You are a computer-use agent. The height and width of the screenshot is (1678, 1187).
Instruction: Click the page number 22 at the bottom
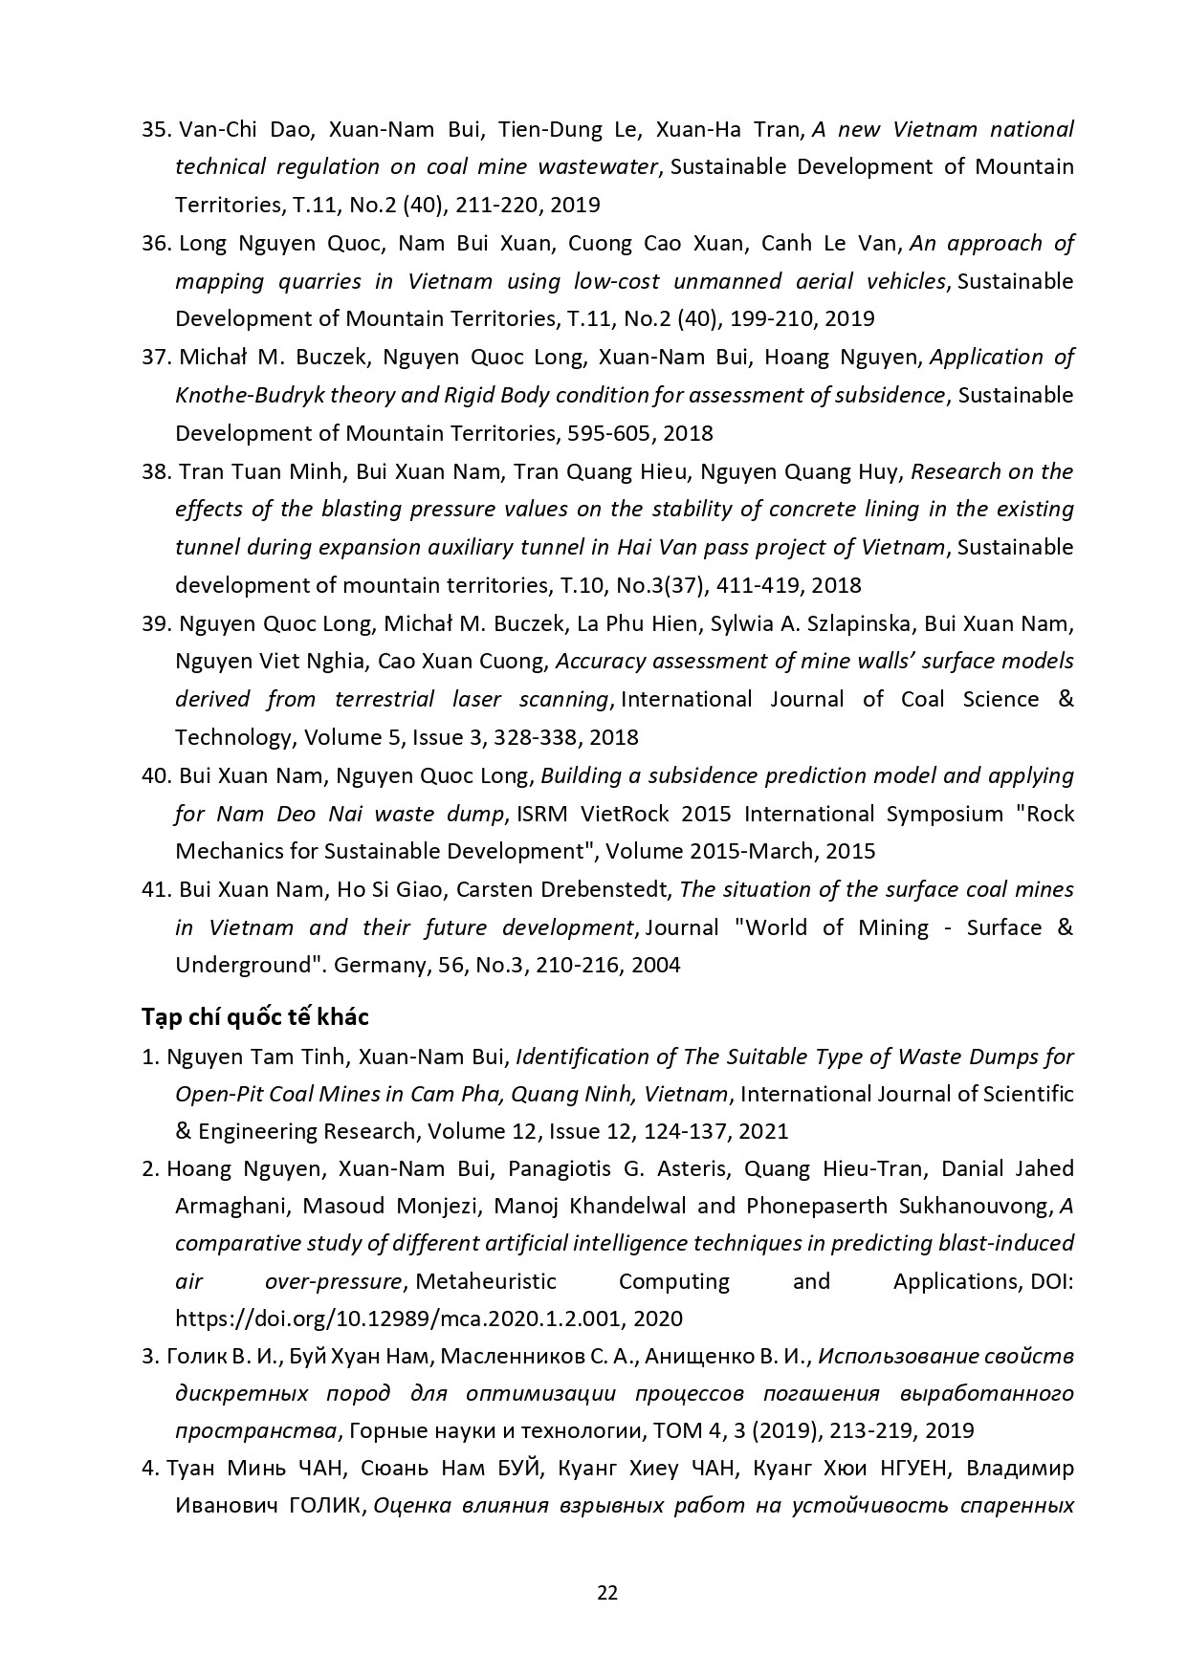click(x=606, y=1593)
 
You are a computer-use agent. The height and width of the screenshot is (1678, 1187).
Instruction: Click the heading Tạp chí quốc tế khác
click(x=254, y=1015)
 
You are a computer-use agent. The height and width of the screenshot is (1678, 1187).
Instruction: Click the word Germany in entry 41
click(x=379, y=965)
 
